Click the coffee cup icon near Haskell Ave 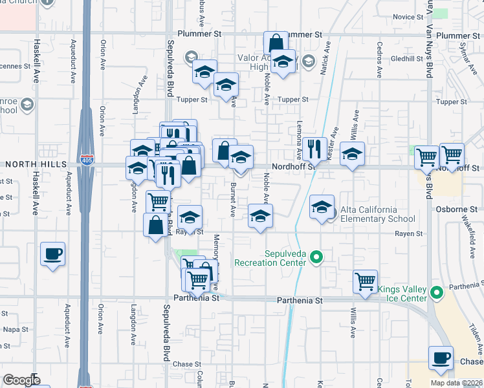(x=52, y=253)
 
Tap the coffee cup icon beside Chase (x=441, y=358)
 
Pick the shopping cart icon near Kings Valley (x=366, y=281)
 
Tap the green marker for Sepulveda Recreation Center (x=316, y=258)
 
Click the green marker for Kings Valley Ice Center (x=437, y=292)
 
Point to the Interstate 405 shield (x=85, y=159)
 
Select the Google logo (x=21, y=380)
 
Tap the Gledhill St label (x=406, y=58)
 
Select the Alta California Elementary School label (x=378, y=214)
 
